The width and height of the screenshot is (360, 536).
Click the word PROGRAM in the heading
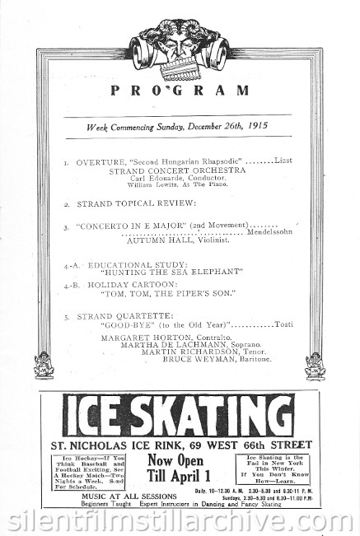[180, 91]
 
